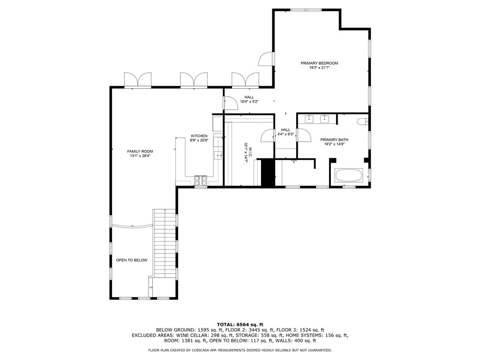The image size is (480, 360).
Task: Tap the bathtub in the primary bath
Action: [348, 176]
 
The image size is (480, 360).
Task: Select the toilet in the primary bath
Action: [362, 122]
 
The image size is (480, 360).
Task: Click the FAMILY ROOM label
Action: [140, 151]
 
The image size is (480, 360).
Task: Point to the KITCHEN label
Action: [199, 135]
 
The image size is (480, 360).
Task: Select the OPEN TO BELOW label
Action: [132, 260]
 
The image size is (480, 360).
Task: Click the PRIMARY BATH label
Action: [334, 140]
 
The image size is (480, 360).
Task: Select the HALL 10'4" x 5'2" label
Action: [249, 99]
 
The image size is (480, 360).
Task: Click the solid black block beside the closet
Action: [267, 172]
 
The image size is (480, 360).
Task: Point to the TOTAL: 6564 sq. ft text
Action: [240, 324]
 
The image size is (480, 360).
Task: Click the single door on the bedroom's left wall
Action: [266, 59]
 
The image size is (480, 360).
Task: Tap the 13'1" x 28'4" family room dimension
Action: [140, 157]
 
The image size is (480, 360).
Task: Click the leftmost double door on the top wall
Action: [138, 80]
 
